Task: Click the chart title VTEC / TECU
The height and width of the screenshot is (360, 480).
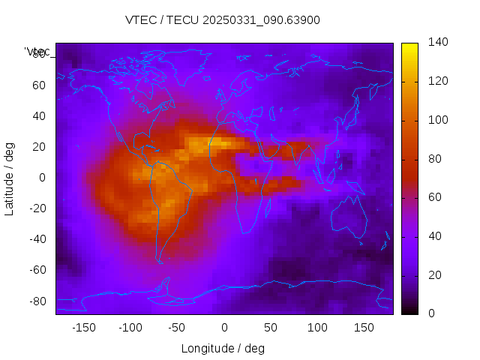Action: (222, 20)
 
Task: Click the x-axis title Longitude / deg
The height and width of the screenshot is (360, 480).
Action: (223, 348)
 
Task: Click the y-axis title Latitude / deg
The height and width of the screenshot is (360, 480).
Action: (10, 178)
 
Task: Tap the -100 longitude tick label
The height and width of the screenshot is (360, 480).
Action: (130, 327)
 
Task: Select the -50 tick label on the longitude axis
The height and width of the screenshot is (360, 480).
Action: (177, 327)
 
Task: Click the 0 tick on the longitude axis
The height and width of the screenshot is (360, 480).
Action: (224, 327)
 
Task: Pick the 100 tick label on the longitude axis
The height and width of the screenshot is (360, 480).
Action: (318, 327)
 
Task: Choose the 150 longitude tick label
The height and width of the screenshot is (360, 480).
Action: (364, 327)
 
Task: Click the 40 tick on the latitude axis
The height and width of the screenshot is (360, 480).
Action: (38, 115)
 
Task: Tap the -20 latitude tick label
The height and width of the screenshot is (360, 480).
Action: (36, 208)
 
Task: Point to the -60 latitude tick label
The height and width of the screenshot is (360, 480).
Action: (36, 270)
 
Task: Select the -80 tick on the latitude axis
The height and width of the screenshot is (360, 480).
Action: (36, 301)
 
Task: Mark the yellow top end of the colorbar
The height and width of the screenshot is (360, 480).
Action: (409, 46)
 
